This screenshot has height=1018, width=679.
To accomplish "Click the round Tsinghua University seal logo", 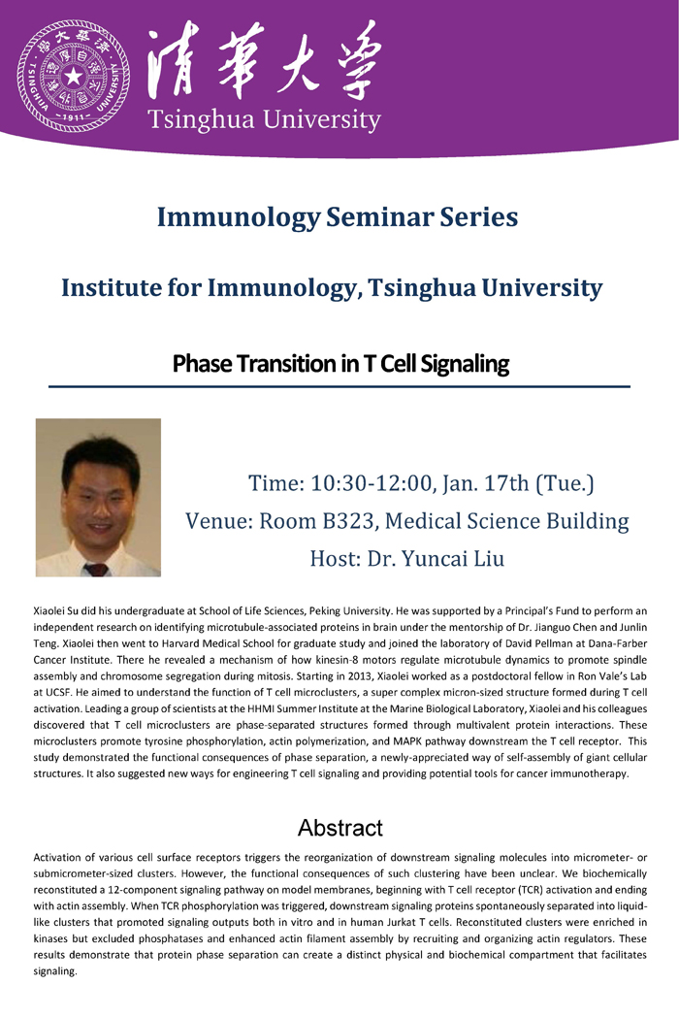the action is [74, 77].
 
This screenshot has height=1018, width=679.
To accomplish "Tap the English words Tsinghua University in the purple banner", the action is [264, 120].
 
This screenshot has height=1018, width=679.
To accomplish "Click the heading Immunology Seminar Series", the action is [338, 216].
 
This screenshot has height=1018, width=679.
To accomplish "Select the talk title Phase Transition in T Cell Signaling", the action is [340, 364].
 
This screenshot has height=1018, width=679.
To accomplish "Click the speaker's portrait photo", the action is [98, 497].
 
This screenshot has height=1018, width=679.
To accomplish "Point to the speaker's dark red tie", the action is [96, 570].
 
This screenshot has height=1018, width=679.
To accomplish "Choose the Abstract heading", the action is [340, 828].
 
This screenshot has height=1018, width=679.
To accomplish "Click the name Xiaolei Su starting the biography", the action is [56, 611].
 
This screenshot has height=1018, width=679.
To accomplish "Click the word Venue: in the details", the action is [219, 521].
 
